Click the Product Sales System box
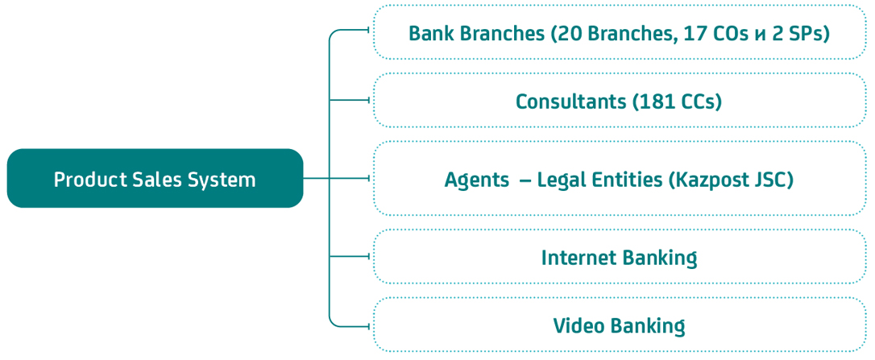click(x=155, y=178)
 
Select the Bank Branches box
click(x=619, y=32)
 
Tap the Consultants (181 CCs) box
click(x=619, y=101)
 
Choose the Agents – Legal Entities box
click(x=619, y=178)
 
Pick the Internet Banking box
click(x=619, y=257)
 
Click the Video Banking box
click(x=619, y=325)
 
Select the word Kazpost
click(x=714, y=179)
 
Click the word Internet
click(x=578, y=258)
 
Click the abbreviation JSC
click(x=772, y=179)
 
